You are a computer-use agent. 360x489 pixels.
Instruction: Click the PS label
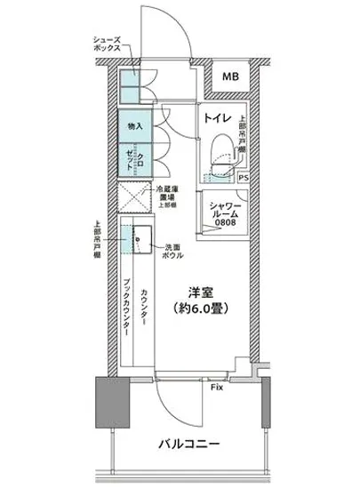coord(244,178)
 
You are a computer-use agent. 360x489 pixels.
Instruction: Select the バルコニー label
coord(189,442)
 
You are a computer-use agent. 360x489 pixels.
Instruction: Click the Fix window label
coord(216,389)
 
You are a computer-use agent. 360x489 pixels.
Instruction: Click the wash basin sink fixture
coord(141,238)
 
